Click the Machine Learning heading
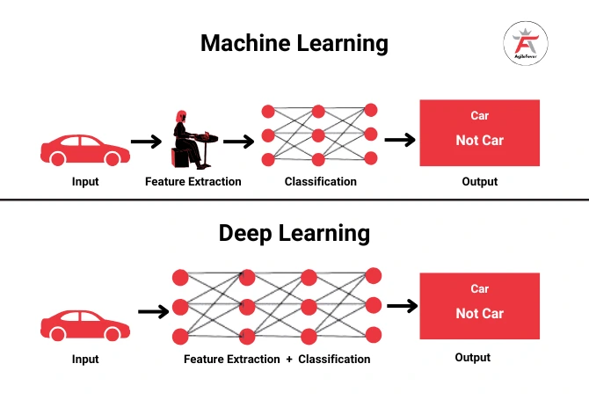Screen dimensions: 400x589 294,42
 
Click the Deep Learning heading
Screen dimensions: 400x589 294,233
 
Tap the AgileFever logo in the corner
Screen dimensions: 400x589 525,43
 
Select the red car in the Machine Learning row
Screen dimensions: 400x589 81,149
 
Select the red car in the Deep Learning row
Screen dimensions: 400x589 85,326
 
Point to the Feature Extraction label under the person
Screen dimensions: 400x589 193,182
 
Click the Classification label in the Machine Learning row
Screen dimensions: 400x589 321,182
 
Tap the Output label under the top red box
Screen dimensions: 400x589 479,182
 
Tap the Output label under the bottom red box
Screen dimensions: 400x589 472,358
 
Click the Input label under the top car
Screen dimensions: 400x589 85,182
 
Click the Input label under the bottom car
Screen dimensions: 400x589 85,359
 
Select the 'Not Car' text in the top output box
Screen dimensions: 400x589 479,141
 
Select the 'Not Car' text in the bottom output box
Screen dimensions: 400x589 479,314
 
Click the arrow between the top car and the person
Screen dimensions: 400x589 146,141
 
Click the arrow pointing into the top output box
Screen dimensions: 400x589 400,140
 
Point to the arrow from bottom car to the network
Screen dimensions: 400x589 153,311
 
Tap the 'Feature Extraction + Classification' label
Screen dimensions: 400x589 277,359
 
